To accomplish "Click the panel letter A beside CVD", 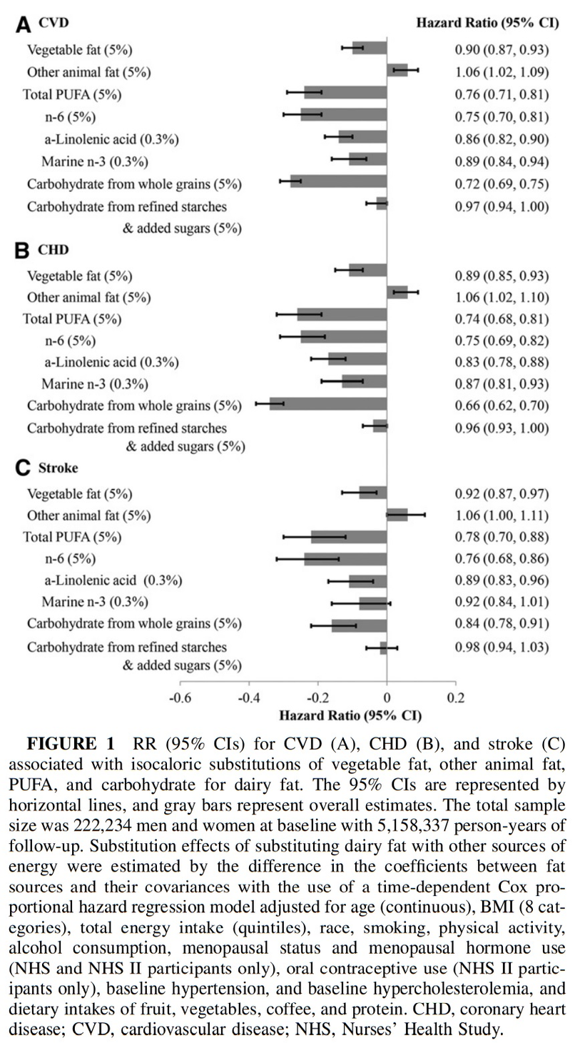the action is (23, 24).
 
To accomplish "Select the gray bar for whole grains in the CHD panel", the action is (328, 403).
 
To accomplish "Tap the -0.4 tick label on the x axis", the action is (248, 698).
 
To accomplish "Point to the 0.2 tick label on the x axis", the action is (456, 698).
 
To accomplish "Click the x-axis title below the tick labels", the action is (350, 715).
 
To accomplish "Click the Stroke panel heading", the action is (58, 468).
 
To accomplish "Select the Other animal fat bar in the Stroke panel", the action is (397, 515).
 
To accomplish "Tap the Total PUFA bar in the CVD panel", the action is (345, 92).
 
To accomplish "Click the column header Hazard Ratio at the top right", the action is (487, 23).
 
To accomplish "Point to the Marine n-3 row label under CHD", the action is (95, 383).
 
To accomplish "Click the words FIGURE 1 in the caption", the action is (71, 744).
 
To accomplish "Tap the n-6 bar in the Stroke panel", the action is (345, 559).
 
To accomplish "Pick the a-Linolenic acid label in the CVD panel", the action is (112, 139).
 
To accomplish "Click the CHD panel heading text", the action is (53, 250).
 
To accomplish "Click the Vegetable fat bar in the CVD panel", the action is (370, 48).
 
